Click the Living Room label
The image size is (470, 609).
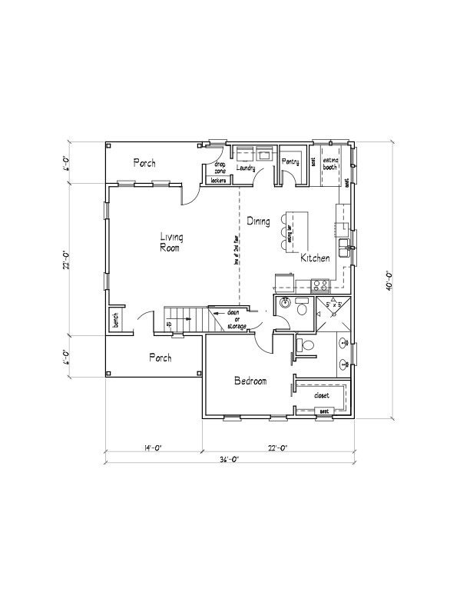171,243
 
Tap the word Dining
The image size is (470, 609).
258,221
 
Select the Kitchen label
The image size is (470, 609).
315,258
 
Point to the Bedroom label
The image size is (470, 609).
250,381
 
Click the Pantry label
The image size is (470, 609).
290,161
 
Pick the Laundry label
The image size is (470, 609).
246,167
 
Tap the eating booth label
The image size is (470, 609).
331,163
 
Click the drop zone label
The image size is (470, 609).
220,167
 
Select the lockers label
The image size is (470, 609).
218,181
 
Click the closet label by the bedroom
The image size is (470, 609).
322,395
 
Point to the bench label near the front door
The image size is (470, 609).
114,318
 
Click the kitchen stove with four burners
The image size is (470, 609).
320,284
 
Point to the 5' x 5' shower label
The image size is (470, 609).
334,305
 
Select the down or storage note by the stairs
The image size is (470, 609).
236,320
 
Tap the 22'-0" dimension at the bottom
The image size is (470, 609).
277,447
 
